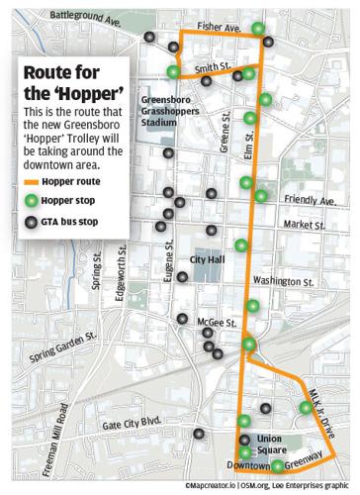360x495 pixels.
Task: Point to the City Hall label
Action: (x=210, y=261)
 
